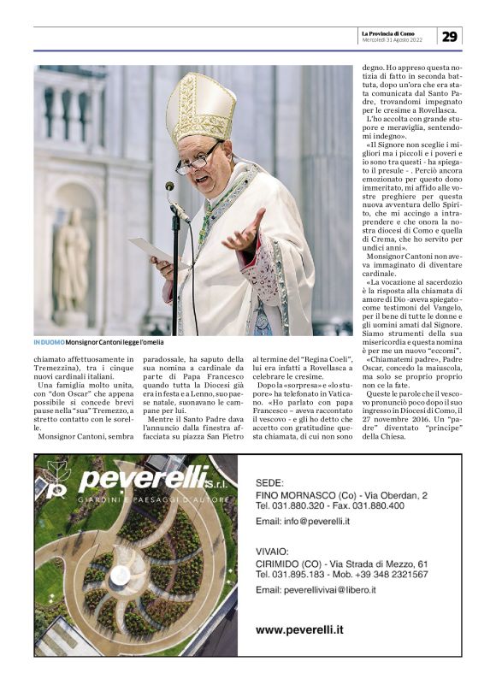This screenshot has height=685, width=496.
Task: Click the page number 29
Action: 450,36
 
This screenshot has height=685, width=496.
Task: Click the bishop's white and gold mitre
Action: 200,108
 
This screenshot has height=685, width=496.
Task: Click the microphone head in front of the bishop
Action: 170,186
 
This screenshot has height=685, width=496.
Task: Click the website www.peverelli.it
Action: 299,630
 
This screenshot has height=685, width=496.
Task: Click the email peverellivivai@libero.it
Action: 328,589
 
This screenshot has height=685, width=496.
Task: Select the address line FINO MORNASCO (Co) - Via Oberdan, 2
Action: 341,495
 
